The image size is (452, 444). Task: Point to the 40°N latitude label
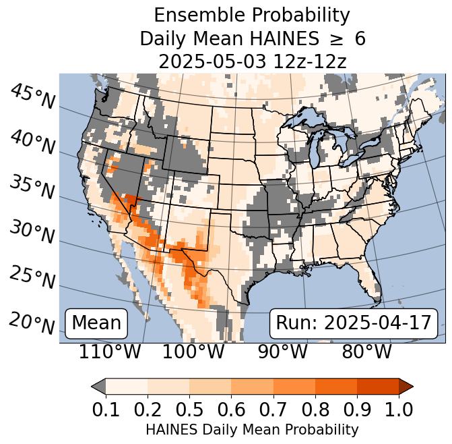tap(32, 143)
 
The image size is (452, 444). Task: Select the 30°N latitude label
tap(32, 233)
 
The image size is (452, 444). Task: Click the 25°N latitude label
tap(32, 277)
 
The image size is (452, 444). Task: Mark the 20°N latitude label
tap(32, 323)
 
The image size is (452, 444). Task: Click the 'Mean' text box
tap(96, 323)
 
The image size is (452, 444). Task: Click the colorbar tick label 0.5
tap(189, 409)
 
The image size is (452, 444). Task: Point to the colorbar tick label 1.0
tap(397, 409)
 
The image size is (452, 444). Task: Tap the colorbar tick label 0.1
tap(106, 409)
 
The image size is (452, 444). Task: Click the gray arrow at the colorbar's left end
tap(98, 386)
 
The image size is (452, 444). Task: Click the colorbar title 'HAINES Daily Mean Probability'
tap(252, 429)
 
